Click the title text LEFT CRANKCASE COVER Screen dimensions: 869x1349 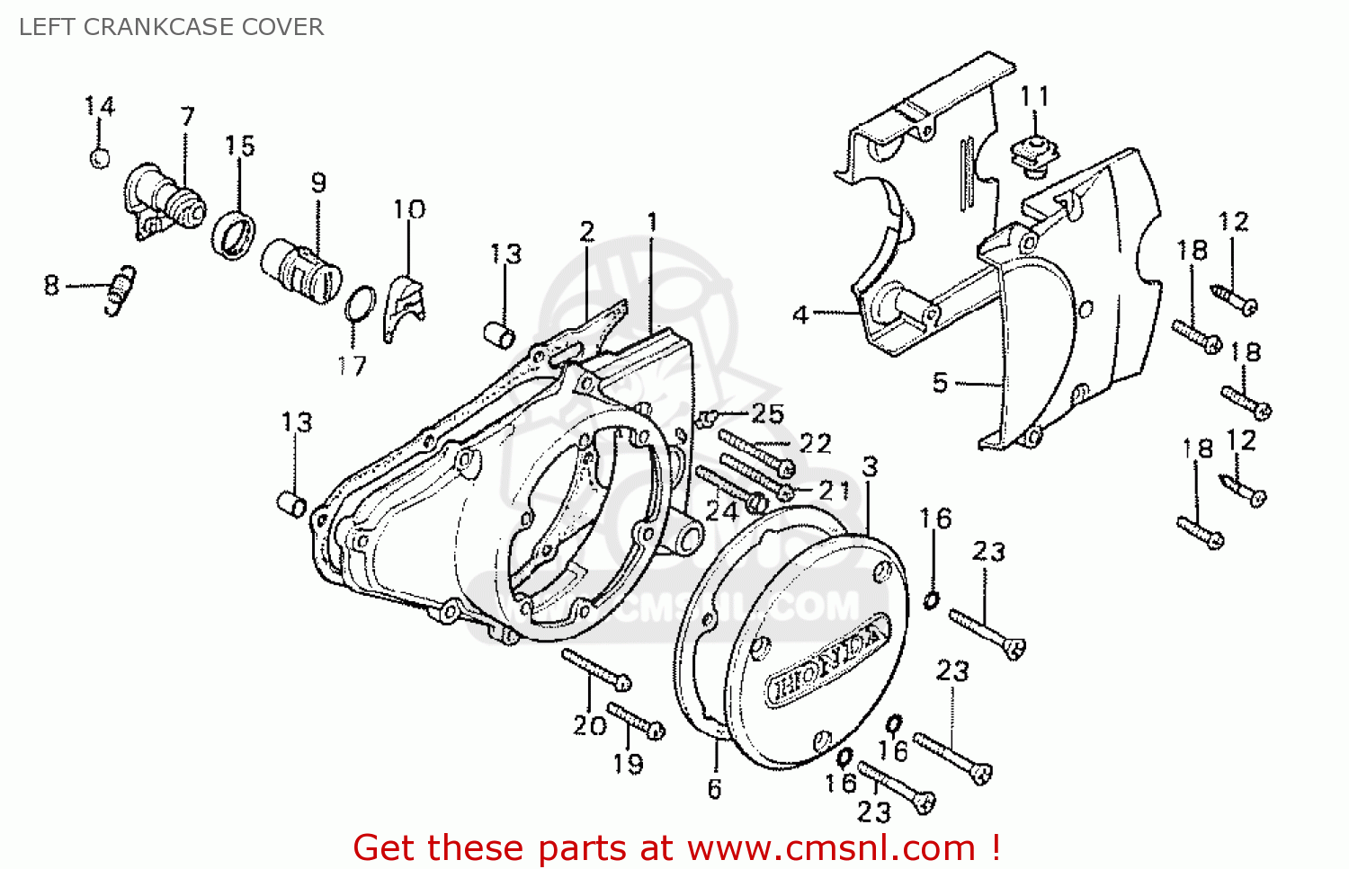point(171,27)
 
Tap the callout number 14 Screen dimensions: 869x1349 point(100,107)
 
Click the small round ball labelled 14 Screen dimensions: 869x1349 point(100,158)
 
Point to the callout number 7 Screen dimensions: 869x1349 point(187,117)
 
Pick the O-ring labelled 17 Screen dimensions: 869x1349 point(360,305)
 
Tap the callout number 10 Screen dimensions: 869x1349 point(409,209)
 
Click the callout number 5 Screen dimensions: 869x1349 point(940,383)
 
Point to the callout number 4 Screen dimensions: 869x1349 point(800,315)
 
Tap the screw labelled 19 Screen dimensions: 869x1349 point(637,720)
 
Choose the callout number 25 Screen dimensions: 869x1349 point(767,413)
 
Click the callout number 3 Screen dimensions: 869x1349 point(870,467)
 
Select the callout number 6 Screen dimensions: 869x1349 point(714,789)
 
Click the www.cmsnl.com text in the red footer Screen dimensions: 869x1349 point(831,847)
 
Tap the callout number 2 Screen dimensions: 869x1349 point(587,232)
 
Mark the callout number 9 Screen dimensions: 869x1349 point(318,183)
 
